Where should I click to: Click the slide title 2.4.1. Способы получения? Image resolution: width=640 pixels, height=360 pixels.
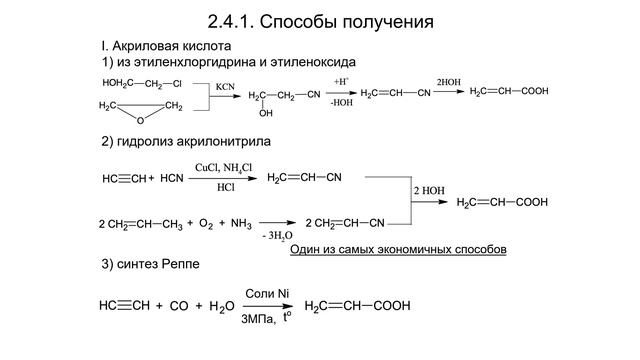[x=320, y=21]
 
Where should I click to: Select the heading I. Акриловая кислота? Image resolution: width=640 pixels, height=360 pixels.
[x=166, y=47]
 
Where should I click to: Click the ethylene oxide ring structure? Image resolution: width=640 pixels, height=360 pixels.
[x=140, y=110]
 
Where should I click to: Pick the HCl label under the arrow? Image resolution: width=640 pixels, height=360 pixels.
[x=226, y=187]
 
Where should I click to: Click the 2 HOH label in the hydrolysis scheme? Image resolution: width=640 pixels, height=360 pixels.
[x=428, y=189]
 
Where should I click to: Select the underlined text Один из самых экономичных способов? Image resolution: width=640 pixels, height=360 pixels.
[x=397, y=246]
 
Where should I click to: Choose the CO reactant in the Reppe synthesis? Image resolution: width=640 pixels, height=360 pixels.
[x=179, y=306]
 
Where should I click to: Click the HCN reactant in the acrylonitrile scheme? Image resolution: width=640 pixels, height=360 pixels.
[x=172, y=179]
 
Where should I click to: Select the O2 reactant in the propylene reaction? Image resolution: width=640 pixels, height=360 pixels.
[x=207, y=223]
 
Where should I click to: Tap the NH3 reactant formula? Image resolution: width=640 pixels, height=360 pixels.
[x=241, y=223]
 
